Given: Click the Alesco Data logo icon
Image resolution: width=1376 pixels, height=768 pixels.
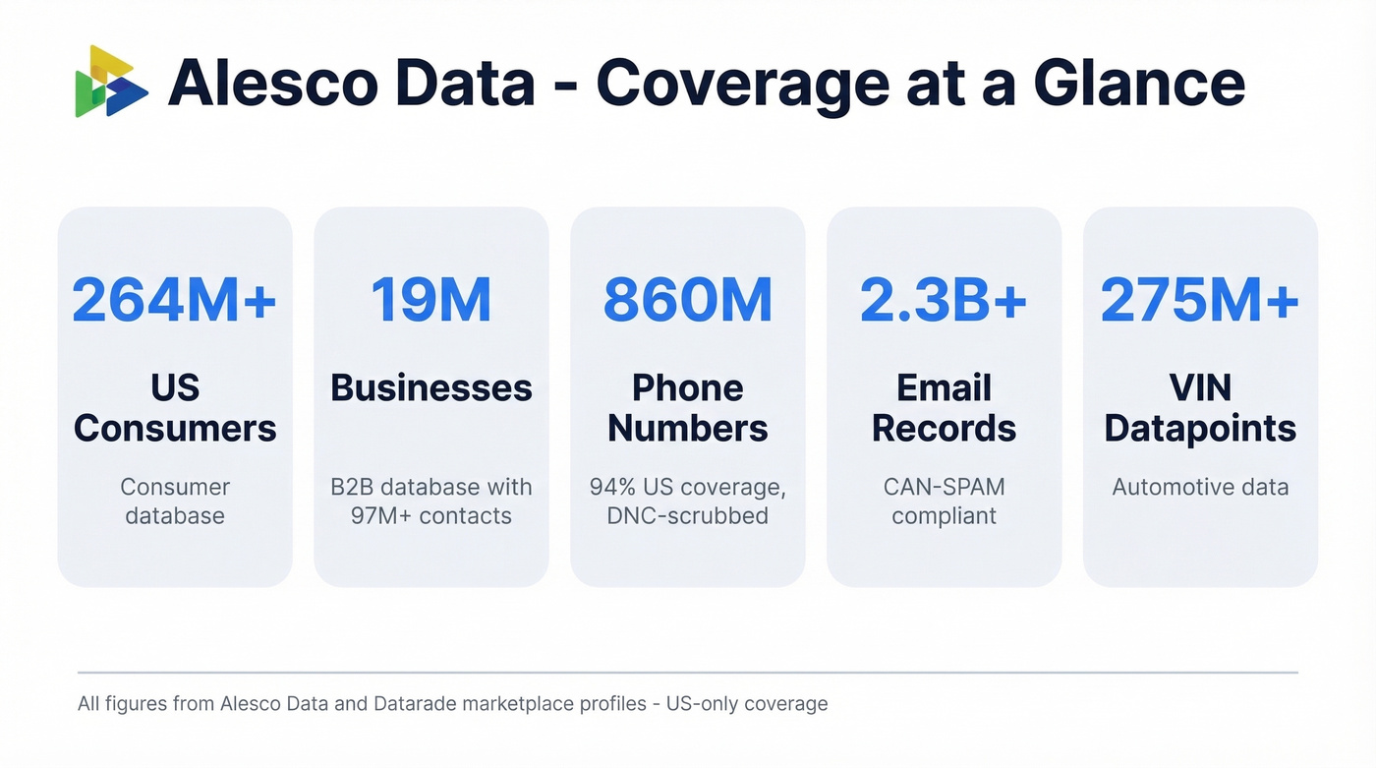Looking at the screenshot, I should pyautogui.click(x=111, y=82).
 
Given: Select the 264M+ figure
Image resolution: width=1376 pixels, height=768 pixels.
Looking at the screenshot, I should pyautogui.click(x=175, y=300).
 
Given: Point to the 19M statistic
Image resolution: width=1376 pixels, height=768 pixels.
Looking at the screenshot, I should pyautogui.click(x=430, y=300).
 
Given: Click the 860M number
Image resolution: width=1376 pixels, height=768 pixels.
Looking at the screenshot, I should pyautogui.click(x=687, y=300).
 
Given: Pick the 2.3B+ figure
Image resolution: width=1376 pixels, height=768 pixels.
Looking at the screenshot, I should pyautogui.click(x=944, y=300).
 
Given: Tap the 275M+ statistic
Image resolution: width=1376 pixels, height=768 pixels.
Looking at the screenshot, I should pyautogui.click(x=1200, y=300).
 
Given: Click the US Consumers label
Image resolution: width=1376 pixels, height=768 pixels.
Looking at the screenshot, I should pyautogui.click(x=175, y=408).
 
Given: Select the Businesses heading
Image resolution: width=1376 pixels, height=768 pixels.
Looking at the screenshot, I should pyautogui.click(x=430, y=388).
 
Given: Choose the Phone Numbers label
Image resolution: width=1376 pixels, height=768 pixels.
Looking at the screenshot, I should pyautogui.click(x=687, y=408).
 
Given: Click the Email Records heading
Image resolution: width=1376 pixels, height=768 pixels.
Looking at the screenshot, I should pyautogui.click(x=944, y=408).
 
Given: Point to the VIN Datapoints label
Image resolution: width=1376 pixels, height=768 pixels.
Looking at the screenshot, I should pyautogui.click(x=1200, y=408).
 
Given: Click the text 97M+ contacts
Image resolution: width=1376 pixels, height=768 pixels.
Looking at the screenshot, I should pyautogui.click(x=430, y=515).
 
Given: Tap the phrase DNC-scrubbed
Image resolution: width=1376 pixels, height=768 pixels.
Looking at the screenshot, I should pyautogui.click(x=687, y=515).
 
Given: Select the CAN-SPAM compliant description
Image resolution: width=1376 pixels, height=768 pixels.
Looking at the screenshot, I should pyautogui.click(x=944, y=501).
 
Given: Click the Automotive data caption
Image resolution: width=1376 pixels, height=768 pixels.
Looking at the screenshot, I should pyautogui.click(x=1200, y=487).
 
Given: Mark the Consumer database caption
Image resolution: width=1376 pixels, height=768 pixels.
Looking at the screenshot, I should pyautogui.click(x=175, y=501).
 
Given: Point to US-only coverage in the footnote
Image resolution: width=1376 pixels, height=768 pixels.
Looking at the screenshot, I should pyautogui.click(x=746, y=704).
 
